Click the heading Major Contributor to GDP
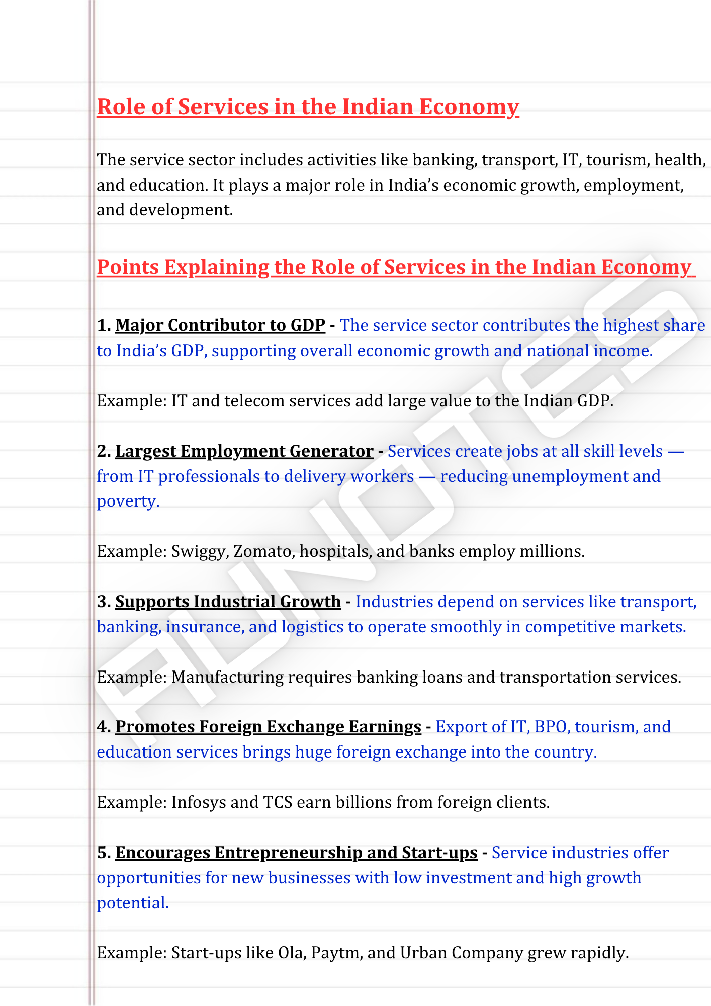coord(220,326)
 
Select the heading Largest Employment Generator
coord(244,451)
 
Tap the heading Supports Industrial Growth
coord(228,602)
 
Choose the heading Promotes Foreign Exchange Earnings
coord(268,727)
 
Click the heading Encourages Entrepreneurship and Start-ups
coord(296,853)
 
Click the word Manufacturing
coord(227,678)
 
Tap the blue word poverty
coord(128,501)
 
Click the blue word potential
coord(132,903)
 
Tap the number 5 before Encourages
coord(103,853)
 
